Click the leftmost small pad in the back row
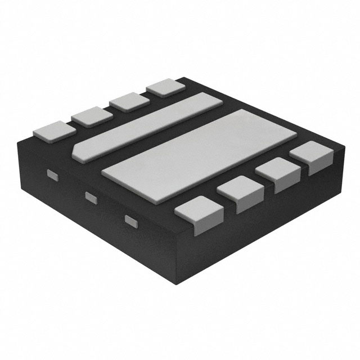click(54, 130)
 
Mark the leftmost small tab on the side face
click(51, 174)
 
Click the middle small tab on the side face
click(90, 196)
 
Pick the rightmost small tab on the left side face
click(130, 219)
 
